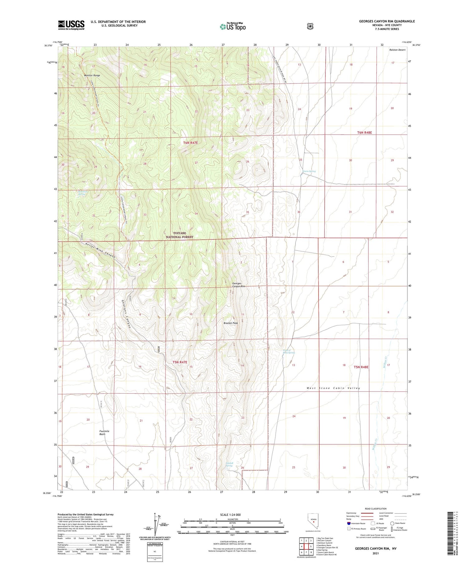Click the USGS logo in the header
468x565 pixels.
pyautogui.click(x=71, y=25)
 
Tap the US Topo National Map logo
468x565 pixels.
pyautogui.click(x=232, y=26)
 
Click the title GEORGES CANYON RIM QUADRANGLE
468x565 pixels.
pyautogui.click(x=387, y=21)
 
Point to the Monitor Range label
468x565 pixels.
pyautogui.click(x=92, y=75)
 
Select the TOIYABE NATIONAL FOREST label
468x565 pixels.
pyautogui.click(x=179, y=235)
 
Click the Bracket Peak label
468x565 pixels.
pyautogui.click(x=231, y=323)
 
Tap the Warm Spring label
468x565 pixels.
pyautogui.click(x=309, y=171)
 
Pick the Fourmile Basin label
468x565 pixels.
pyautogui.click(x=104, y=433)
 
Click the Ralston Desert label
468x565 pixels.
pyautogui.click(x=397, y=50)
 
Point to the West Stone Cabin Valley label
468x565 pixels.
pyautogui.click(x=333, y=388)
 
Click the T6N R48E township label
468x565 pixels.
pyautogui.click(x=364, y=133)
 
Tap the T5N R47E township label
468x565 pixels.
pyautogui.click(x=180, y=362)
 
